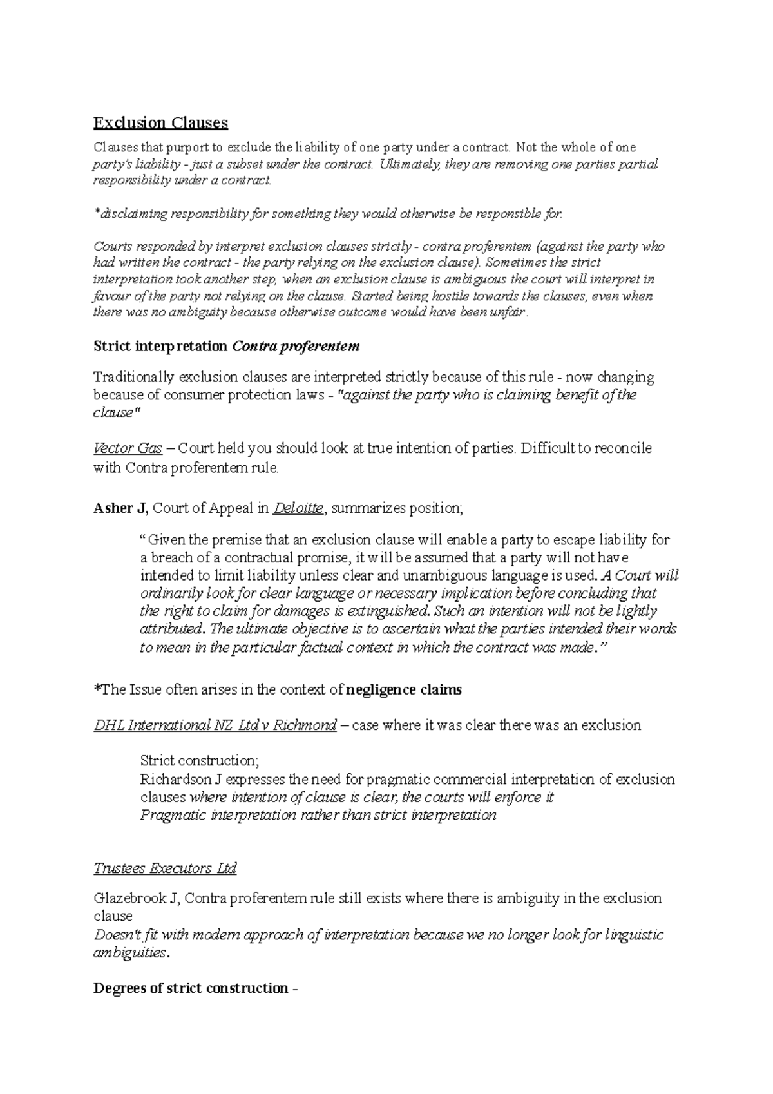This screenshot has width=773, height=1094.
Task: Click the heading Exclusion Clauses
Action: [160, 122]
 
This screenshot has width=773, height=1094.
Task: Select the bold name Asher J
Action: [120, 508]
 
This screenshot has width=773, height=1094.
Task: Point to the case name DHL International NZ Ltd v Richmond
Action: [215, 725]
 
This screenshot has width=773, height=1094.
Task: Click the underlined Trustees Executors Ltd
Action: [165, 868]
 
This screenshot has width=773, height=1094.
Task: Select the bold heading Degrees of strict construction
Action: [191, 988]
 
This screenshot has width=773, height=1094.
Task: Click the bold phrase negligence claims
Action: [404, 690]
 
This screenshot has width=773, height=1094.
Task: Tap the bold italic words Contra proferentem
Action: [295, 347]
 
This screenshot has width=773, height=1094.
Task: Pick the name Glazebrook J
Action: [135, 898]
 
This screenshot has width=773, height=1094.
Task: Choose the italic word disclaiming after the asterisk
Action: [131, 214]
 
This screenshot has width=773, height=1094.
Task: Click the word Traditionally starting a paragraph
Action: [133, 377]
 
